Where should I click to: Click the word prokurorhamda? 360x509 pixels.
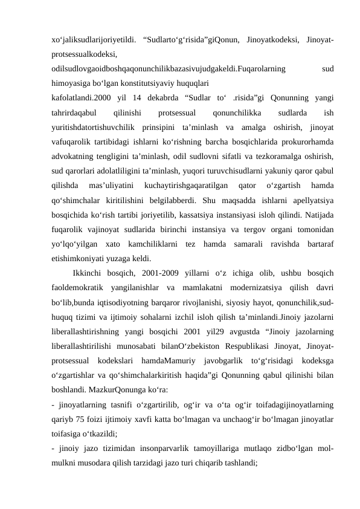point(310,141)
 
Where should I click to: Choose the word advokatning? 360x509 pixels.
point(73,157)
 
